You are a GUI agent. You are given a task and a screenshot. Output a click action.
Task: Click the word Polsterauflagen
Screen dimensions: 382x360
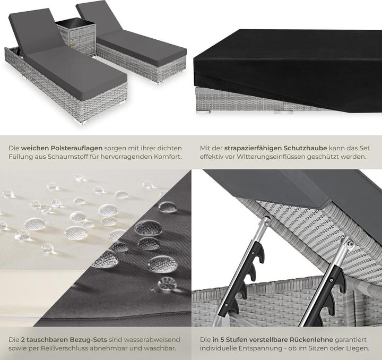pos(77,148)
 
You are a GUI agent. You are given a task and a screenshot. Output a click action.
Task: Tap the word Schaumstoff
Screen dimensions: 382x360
pos(63,157)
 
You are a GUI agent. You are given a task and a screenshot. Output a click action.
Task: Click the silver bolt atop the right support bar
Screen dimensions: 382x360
pos(350,243)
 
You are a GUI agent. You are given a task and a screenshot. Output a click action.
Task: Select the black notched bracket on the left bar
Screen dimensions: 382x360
pos(247,282)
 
